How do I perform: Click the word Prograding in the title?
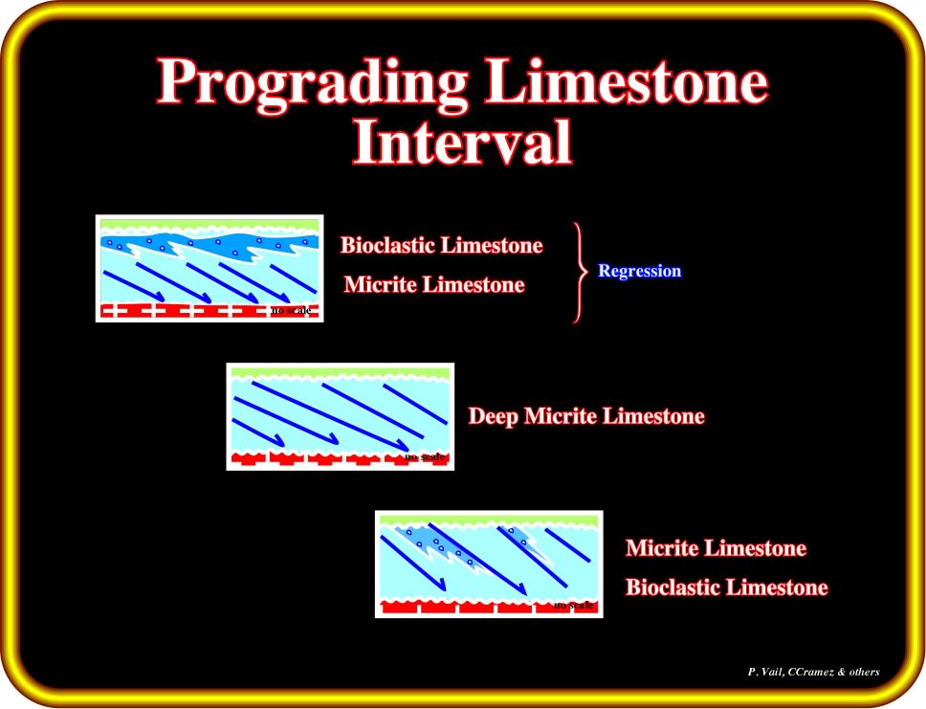(313, 82)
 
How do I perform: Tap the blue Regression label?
(640, 271)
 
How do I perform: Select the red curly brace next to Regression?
(581, 273)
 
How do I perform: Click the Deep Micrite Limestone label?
(586, 416)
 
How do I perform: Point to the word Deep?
(494, 416)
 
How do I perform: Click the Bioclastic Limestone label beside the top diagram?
(441, 245)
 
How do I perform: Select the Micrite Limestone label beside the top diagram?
(434, 285)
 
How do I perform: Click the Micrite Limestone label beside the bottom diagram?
(716, 547)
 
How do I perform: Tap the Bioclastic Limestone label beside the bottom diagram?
(726, 587)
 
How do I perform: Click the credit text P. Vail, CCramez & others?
(813, 672)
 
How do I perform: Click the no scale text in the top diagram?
(291, 310)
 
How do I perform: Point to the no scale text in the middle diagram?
(425, 456)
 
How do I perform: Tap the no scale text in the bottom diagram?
(573, 605)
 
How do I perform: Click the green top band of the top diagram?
(209, 225)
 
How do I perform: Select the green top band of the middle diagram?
(341, 373)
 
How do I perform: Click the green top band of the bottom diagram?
(489, 520)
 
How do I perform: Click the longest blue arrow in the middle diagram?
(331, 416)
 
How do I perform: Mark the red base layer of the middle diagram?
(341, 458)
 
